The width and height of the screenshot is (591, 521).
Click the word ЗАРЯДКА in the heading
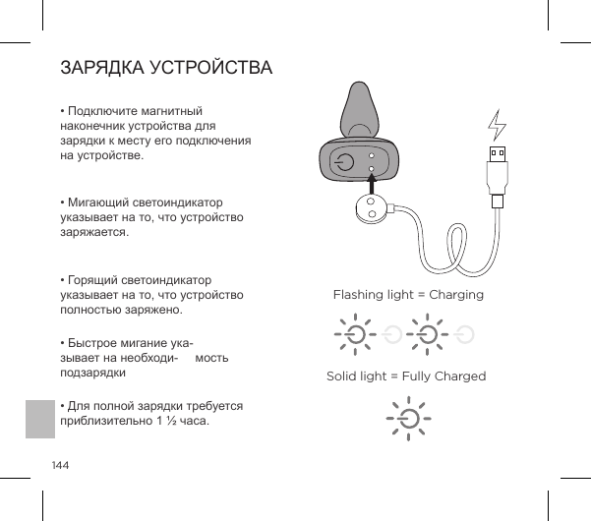(x=100, y=69)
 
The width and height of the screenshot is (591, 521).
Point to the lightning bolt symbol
(x=497, y=126)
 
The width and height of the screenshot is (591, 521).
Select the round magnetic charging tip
(x=371, y=207)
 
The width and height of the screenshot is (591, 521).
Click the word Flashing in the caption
(x=359, y=295)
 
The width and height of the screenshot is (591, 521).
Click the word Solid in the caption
(x=343, y=376)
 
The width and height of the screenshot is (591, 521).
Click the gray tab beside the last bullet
(x=40, y=419)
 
